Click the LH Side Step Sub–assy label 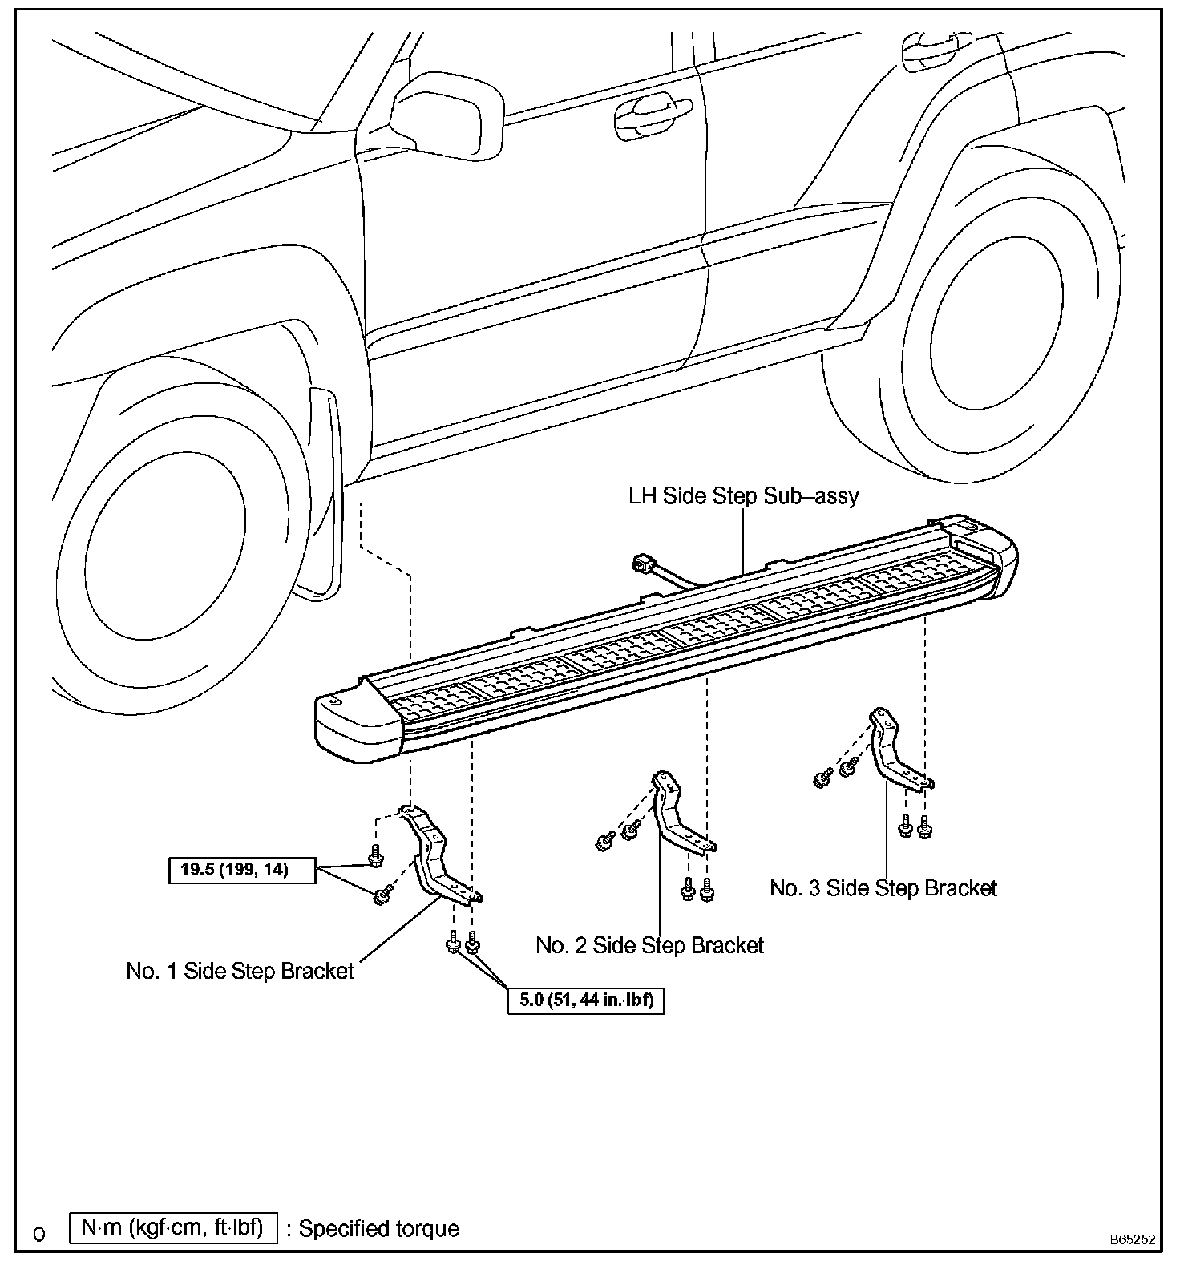point(743,496)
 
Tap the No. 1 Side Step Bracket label point(240,971)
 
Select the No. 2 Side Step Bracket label point(649,945)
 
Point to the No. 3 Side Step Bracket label point(883,887)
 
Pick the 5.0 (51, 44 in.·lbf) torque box point(586,1000)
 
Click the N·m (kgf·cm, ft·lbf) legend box point(173,1228)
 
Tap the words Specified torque point(379,1229)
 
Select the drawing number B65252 point(1132,1239)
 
